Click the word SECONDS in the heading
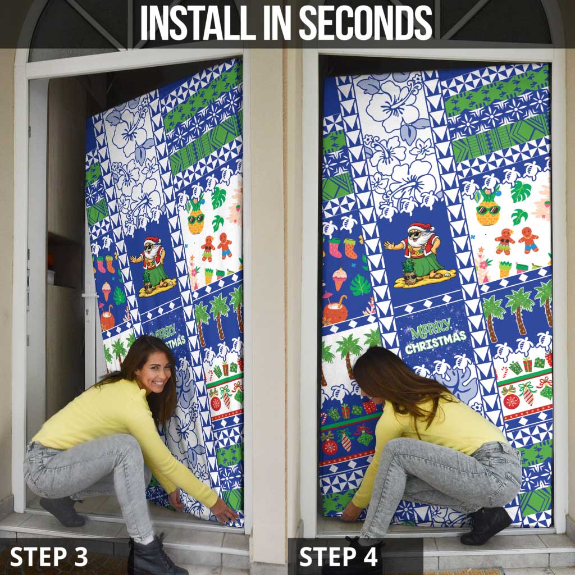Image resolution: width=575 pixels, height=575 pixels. pos(365,23)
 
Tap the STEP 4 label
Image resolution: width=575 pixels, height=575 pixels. pos(339,556)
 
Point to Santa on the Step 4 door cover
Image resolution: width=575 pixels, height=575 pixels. pos(417,253)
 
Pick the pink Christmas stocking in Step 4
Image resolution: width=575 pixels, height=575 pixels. pos(335,248)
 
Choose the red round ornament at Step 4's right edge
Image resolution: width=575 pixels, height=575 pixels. pos(511,401)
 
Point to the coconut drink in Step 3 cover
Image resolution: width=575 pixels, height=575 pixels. pos(107,320)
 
